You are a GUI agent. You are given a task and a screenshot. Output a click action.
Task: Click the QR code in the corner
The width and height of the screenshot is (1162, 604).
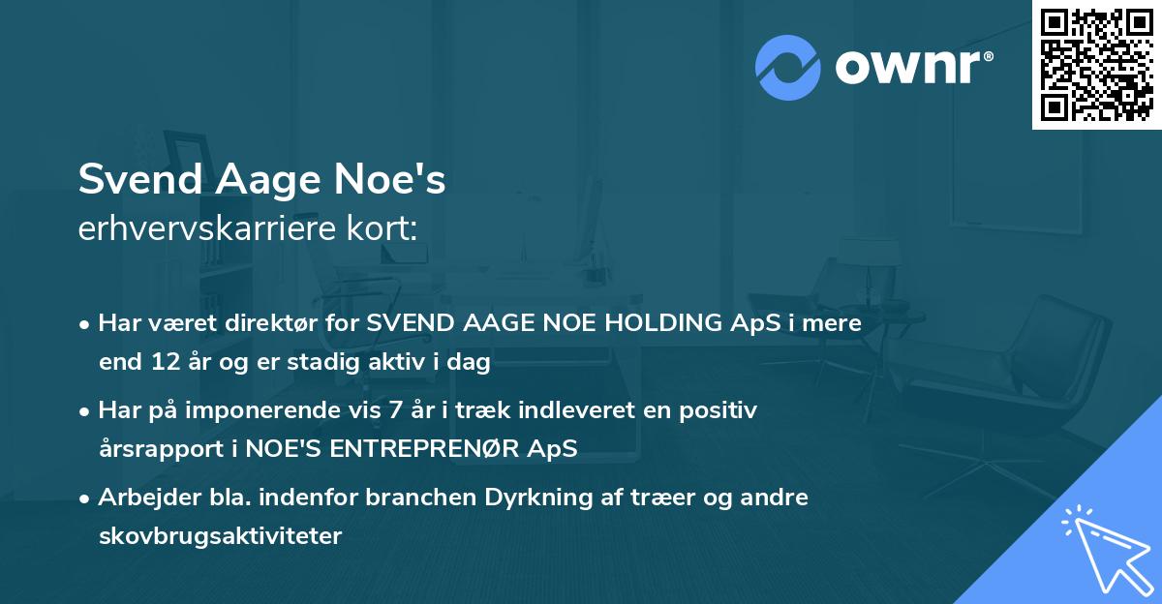click(1096, 64)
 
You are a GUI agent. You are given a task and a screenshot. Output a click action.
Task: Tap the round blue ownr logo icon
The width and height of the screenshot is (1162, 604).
click(787, 68)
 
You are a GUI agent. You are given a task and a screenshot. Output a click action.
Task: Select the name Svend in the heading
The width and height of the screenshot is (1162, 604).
click(137, 180)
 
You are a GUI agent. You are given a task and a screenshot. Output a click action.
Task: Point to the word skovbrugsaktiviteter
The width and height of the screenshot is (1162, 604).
click(220, 535)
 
